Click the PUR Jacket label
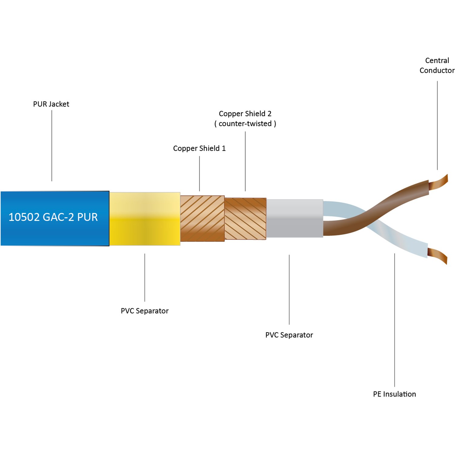(51, 104)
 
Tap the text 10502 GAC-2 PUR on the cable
(53, 217)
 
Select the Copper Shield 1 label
(199, 148)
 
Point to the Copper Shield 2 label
(245, 114)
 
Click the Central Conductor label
(437, 65)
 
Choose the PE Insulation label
(394, 394)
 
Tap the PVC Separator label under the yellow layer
(144, 311)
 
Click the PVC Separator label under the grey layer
(289, 335)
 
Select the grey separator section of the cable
(295, 218)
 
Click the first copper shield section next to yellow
(202, 218)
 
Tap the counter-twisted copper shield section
(245, 219)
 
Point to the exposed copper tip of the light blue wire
(438, 255)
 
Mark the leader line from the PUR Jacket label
(52, 146)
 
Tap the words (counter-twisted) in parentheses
(245, 124)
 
